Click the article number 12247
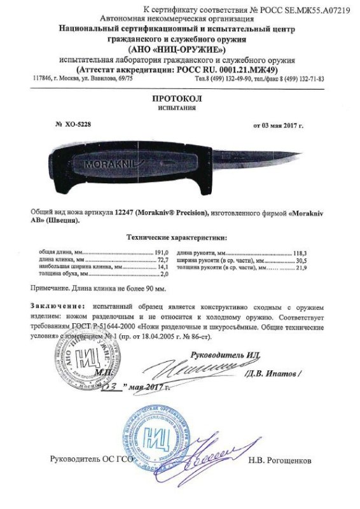coord(125,210)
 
